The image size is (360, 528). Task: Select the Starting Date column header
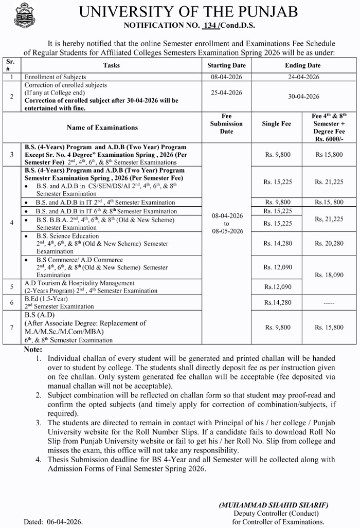click(226, 65)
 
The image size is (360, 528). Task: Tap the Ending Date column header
click(302, 65)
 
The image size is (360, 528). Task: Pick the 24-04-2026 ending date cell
click(302, 77)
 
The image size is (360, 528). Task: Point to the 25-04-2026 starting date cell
click(226, 93)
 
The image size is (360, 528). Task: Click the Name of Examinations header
click(102, 128)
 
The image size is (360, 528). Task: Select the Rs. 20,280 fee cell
click(329, 244)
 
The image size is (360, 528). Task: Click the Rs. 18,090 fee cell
click(329, 275)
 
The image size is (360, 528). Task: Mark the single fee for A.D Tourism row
click(278, 287)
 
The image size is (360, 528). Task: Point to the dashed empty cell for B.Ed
click(329, 303)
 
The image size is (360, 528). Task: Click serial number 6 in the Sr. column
click(11, 302)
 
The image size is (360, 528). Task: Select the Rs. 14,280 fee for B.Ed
click(278, 303)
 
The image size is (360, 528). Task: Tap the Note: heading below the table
click(34, 350)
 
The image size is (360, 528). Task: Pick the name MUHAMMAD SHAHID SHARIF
click(273, 505)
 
